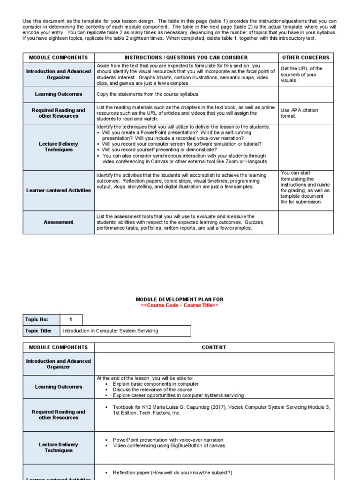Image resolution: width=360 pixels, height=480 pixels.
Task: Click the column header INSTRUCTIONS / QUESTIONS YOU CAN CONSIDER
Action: (x=186, y=58)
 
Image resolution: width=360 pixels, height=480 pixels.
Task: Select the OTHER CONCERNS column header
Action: (x=306, y=58)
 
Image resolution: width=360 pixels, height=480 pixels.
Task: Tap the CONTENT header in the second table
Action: (x=214, y=347)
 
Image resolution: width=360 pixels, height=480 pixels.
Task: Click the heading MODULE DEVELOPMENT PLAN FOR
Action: (x=180, y=299)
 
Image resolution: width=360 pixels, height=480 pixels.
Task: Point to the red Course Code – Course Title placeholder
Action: (x=180, y=305)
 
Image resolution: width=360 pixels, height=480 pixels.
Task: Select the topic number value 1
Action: (x=71, y=320)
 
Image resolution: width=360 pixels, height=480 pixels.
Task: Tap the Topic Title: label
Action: (x=38, y=331)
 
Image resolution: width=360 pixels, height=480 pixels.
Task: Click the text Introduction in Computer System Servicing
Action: (x=111, y=331)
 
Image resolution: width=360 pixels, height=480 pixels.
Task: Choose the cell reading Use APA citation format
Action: (x=299, y=113)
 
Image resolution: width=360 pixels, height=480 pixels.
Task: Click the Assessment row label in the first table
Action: (x=59, y=222)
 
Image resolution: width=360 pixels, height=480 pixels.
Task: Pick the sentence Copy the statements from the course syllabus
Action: (x=148, y=94)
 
